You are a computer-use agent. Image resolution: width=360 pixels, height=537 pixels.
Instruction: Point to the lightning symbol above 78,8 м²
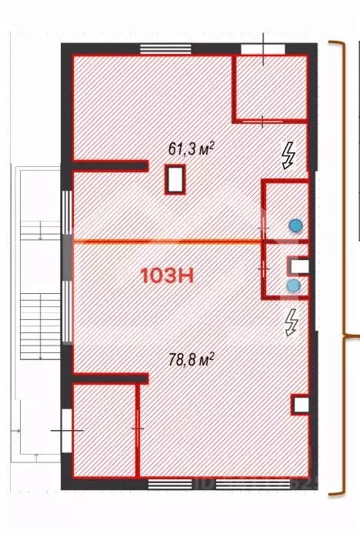291,322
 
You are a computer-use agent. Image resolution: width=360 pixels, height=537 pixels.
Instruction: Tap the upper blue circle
295,225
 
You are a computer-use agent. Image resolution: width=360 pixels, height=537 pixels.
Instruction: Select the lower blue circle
292,285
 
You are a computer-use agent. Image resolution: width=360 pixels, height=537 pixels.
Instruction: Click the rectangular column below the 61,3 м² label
175,181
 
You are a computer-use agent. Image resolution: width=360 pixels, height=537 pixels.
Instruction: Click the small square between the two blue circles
298,266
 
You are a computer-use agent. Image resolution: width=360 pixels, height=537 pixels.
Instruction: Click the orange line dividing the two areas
165,242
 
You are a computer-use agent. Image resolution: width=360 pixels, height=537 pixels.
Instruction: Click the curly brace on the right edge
344,268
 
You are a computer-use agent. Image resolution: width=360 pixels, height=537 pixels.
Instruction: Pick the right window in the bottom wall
254,484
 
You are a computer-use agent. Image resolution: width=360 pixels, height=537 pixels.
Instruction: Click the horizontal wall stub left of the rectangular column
109,165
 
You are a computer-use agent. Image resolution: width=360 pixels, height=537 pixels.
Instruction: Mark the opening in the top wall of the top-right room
262,48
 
